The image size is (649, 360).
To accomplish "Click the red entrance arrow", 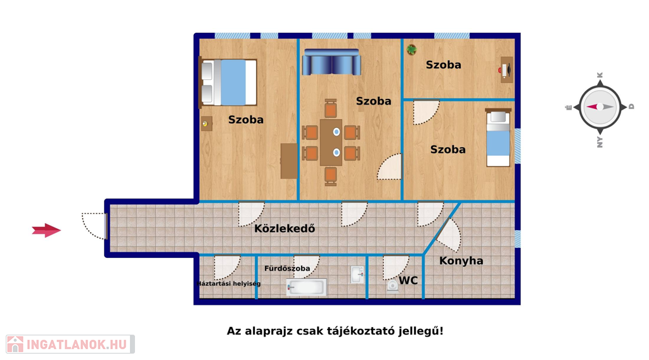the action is tap(46, 230).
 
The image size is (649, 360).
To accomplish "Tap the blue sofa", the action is tap(331, 62).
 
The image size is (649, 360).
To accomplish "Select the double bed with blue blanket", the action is tap(228, 82).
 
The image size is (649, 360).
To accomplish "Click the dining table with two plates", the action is tap(331, 143).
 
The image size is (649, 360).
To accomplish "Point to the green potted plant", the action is tap(411, 50).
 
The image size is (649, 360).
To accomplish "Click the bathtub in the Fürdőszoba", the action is tap(306, 287).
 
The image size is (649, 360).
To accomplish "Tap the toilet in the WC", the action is tap(392, 285).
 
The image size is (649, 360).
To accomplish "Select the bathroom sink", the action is tap(357, 275).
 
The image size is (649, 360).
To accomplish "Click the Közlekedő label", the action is tap(285, 228).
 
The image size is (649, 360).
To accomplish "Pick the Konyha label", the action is tap(461, 260).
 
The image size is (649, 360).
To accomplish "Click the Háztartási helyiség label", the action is tap(229, 283).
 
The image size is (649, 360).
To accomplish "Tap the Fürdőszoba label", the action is tap(287, 268).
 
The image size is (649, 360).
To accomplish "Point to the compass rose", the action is tap(600, 106).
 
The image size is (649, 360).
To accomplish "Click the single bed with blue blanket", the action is tap(498, 138).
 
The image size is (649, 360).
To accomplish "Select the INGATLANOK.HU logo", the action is tap(70, 344).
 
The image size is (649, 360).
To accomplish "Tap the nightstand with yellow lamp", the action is tap(206, 124).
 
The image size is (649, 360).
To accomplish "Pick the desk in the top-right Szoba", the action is tap(506, 70).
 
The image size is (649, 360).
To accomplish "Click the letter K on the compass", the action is tap(600, 75).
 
